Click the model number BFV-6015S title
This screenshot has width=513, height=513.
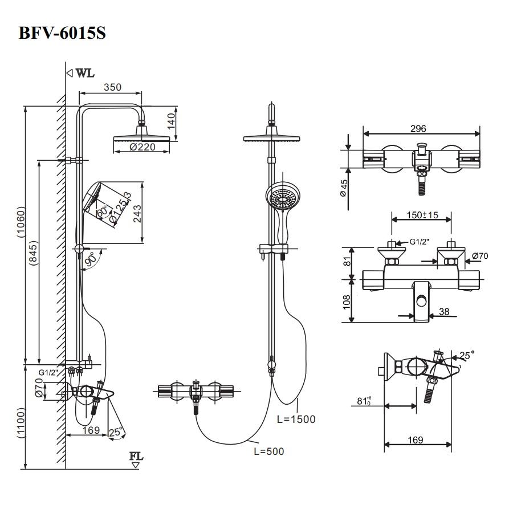pyautogui.click(x=62, y=33)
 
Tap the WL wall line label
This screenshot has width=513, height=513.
pyautogui.click(x=85, y=73)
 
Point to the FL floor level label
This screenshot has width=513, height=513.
pyautogui.click(x=136, y=457)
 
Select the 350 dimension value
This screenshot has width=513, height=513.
pyautogui.click(x=112, y=87)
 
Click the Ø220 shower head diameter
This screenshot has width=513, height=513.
pyautogui.click(x=142, y=148)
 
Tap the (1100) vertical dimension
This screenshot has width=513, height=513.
pyautogui.click(x=21, y=422)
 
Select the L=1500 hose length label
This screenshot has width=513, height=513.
pyautogui.click(x=296, y=420)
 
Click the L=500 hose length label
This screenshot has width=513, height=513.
pyautogui.click(x=268, y=451)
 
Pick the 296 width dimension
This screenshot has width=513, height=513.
pyautogui.click(x=418, y=129)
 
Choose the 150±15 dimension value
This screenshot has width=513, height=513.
pyautogui.click(x=422, y=215)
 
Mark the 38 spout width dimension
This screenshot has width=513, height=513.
pyautogui.click(x=445, y=312)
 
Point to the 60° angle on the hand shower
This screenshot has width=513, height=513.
pyautogui.click(x=102, y=211)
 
